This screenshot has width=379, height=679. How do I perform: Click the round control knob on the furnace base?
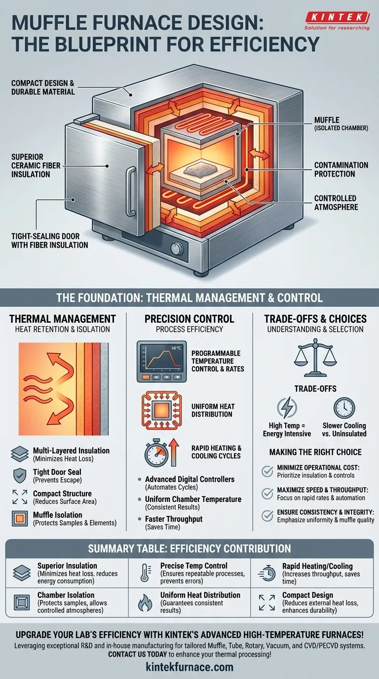coord(176,248)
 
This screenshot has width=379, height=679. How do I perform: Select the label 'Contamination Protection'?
coord(341,169)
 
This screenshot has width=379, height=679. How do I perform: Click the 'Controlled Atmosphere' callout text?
coord(337,203)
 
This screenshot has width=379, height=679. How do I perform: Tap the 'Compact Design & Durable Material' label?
coord(43,87)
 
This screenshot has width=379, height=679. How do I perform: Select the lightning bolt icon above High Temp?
coord(286,408)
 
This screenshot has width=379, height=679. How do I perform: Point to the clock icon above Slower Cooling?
coord(344,408)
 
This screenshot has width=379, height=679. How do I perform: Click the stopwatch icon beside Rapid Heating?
coord(155,452)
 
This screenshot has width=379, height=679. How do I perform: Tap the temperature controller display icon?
coord(161,361)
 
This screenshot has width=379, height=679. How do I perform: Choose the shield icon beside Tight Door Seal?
coord(19,476)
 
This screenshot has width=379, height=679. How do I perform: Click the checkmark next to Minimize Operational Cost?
coord(267,471)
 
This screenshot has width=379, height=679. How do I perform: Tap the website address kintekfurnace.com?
coord(189,667)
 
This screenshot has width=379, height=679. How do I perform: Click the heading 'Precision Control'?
coord(189,319)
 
